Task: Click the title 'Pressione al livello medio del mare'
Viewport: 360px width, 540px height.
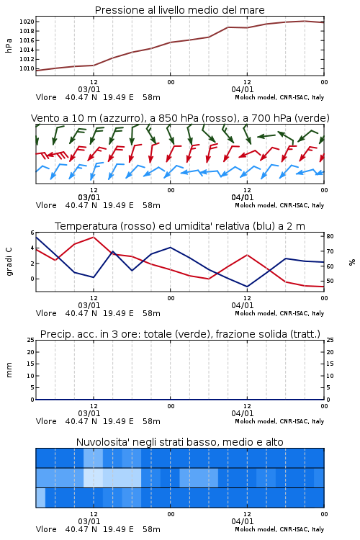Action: point(179,10)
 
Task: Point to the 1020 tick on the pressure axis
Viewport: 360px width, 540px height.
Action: point(27,22)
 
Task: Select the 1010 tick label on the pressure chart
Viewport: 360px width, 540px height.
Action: point(27,68)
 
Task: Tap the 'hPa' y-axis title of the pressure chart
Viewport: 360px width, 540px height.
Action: point(9,45)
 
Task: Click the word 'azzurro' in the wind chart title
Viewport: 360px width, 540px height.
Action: point(120,118)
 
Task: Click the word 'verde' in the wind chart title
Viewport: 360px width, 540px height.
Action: point(311,118)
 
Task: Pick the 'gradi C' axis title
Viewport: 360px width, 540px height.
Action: point(9,262)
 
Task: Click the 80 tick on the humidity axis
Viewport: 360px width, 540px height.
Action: point(330,236)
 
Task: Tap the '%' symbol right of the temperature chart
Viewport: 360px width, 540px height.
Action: point(352,262)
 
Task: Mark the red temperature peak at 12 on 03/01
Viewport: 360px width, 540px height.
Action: point(94,237)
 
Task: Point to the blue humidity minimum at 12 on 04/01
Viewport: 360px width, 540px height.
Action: point(247,287)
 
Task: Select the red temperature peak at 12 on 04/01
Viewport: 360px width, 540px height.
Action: point(247,255)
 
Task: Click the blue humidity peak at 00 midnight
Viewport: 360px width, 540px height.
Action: point(170,247)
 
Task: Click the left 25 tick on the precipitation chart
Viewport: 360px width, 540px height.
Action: point(31,340)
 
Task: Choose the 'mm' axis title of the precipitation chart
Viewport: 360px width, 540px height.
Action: point(9,370)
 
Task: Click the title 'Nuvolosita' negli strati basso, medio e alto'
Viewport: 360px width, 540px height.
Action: point(179,442)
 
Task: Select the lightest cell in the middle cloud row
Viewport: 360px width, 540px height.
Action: point(93,477)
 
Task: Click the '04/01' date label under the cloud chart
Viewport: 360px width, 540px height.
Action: point(243,521)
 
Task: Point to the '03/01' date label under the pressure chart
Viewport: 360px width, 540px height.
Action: point(89,89)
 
